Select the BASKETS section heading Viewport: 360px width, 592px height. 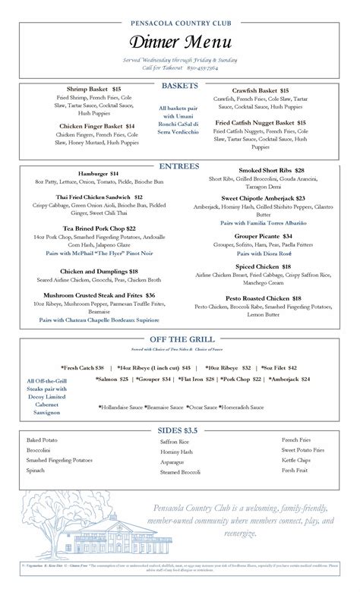(179, 86)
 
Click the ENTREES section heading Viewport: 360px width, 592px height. (179, 166)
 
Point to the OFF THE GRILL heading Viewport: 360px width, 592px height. (179, 339)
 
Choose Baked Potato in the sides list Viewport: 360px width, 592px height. (43, 439)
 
